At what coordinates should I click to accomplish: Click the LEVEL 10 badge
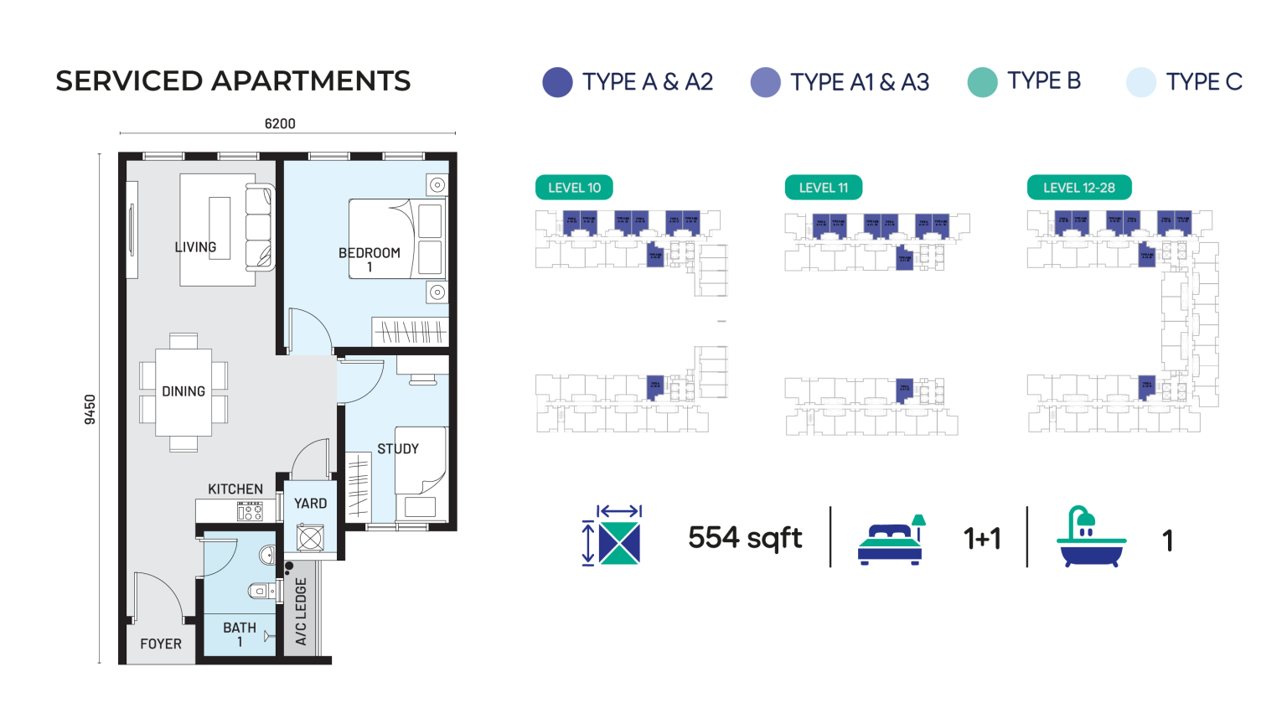pyautogui.click(x=574, y=188)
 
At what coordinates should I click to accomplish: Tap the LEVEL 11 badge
pyautogui.click(x=823, y=188)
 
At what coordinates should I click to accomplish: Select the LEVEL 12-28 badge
pyautogui.click(x=1078, y=188)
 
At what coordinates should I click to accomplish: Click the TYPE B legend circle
pyautogui.click(x=982, y=82)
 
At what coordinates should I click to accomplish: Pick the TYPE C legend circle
pyautogui.click(x=1140, y=82)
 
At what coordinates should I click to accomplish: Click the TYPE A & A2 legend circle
pyautogui.click(x=557, y=82)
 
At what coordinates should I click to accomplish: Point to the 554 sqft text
pyautogui.click(x=745, y=538)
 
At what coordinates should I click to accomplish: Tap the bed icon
pyautogui.click(x=892, y=540)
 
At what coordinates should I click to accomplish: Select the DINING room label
pyautogui.click(x=183, y=391)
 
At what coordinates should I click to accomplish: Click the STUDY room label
pyautogui.click(x=398, y=449)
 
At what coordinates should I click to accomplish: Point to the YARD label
pyautogui.click(x=310, y=504)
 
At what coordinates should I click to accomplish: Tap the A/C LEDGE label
pyautogui.click(x=302, y=612)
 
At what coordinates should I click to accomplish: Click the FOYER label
pyautogui.click(x=161, y=644)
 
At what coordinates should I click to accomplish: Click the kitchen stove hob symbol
pyautogui.click(x=250, y=510)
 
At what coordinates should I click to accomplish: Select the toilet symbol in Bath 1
pyautogui.click(x=262, y=591)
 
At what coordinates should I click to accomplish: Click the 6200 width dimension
pyautogui.click(x=280, y=124)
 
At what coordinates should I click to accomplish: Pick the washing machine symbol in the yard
pyautogui.click(x=310, y=537)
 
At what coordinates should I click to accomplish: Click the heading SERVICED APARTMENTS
pyautogui.click(x=233, y=81)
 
